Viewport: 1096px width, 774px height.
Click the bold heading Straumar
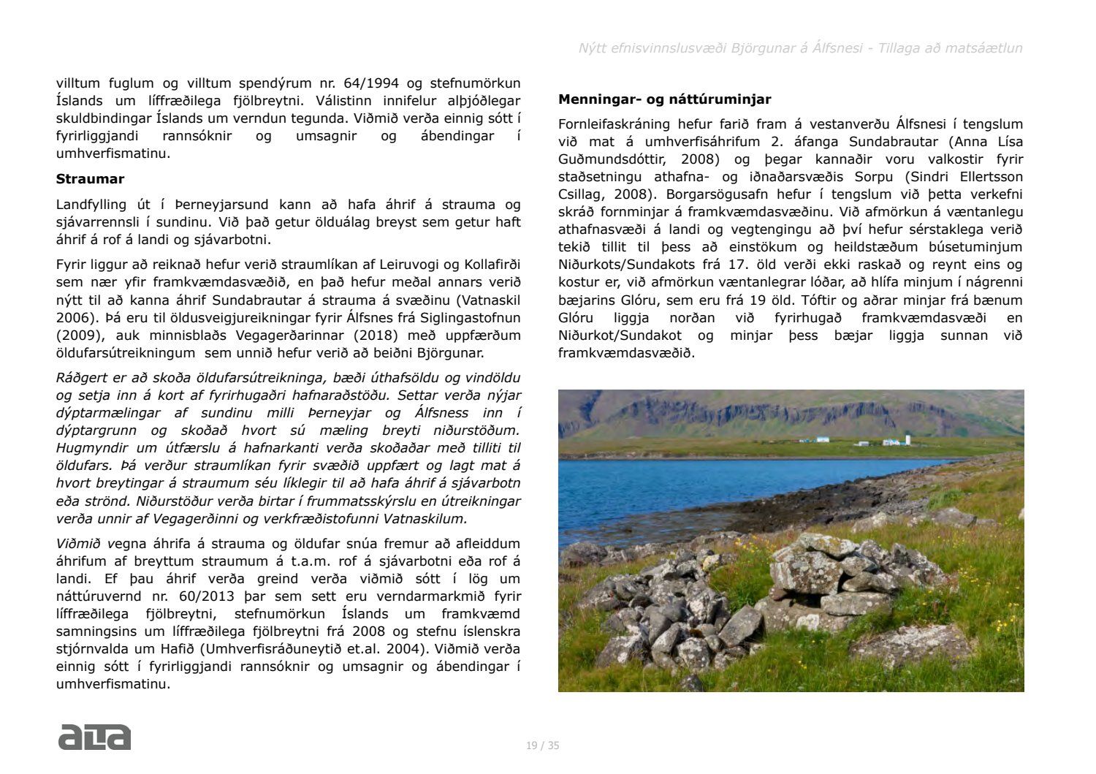pos(90,179)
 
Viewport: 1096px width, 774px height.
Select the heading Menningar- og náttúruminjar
pos(664,99)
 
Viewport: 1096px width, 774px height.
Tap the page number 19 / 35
pos(543,745)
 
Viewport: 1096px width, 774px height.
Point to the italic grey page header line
pos(800,48)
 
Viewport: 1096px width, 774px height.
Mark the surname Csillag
pos(582,194)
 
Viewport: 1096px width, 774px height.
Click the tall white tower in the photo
pos(907,440)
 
